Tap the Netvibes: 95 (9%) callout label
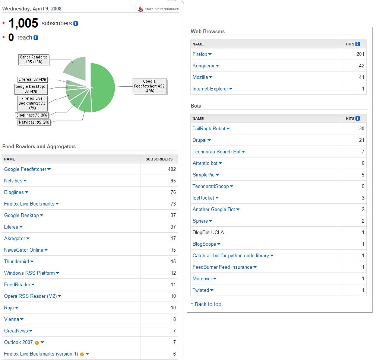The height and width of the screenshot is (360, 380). (x=34, y=122)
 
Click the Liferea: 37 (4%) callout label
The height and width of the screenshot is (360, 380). (x=32, y=79)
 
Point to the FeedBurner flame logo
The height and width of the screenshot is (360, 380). (x=140, y=9)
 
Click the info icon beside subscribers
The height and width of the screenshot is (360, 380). (x=76, y=23)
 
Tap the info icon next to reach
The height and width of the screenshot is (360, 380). (x=36, y=38)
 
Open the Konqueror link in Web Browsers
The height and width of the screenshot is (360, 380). (x=203, y=66)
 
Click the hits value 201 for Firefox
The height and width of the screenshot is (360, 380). (x=360, y=54)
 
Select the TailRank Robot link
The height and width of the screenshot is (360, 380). (x=209, y=128)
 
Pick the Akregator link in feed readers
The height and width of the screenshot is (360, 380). (x=15, y=239)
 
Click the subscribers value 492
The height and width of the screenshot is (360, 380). (x=172, y=169)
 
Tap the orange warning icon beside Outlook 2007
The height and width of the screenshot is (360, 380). (x=37, y=343)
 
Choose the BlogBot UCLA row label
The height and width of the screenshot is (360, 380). (x=208, y=232)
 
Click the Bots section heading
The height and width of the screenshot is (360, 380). (x=196, y=106)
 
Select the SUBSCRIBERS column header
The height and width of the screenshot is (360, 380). (x=159, y=159)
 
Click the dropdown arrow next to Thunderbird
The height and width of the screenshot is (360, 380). (x=32, y=261)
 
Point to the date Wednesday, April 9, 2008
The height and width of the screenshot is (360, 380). (x=32, y=9)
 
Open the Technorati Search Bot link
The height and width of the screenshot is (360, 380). (x=216, y=152)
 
